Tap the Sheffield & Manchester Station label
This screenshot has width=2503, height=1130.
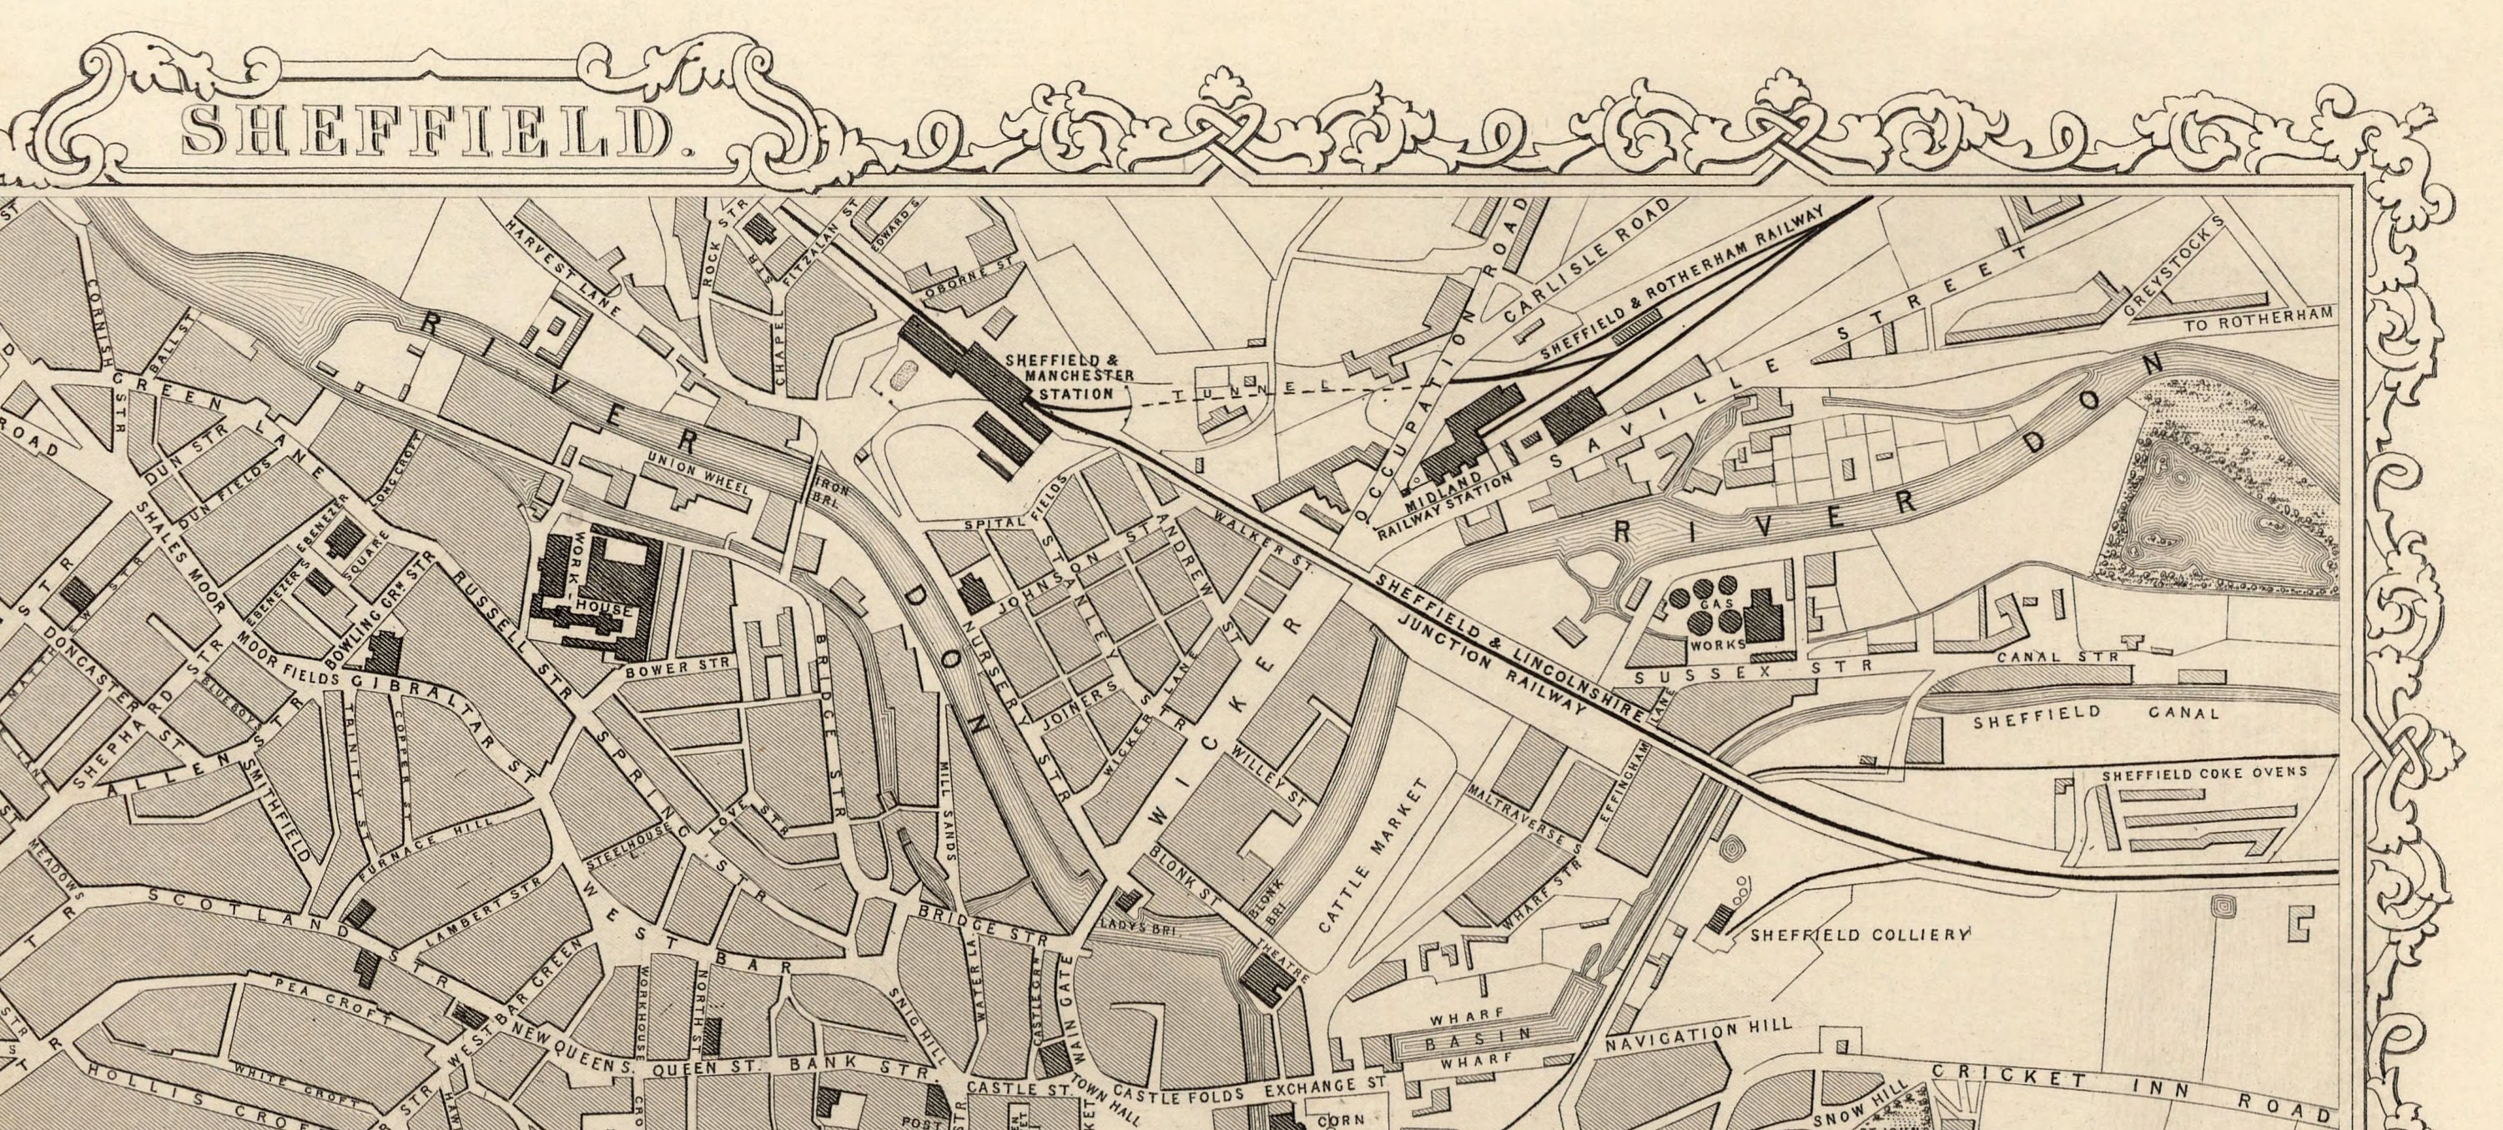pyautogui.click(x=1069, y=377)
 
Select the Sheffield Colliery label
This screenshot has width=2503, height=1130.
pyautogui.click(x=1859, y=935)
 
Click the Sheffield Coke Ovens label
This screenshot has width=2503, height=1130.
pyautogui.click(x=2203, y=774)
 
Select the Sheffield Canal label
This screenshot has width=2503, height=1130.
pyautogui.click(x=2095, y=716)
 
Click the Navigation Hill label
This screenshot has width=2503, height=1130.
pyautogui.click(x=1696, y=1037)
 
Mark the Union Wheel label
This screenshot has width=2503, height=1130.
pyautogui.click(x=697, y=475)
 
